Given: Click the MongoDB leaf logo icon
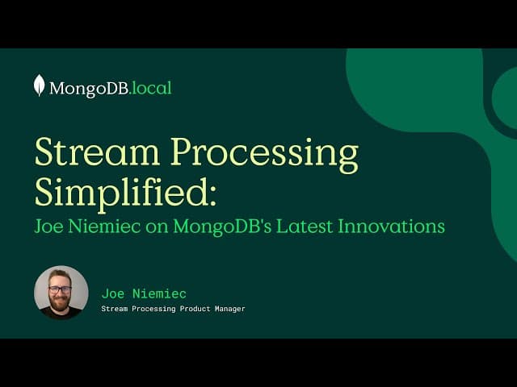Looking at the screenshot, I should [x=39, y=85].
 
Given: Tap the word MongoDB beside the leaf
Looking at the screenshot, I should [x=89, y=88].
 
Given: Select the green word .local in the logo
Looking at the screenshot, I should [x=151, y=88].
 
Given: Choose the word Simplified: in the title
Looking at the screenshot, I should [x=126, y=192].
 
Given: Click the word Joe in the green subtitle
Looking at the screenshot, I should [x=50, y=227].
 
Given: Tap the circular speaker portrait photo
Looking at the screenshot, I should [x=61, y=293].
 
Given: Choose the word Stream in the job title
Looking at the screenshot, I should [x=115, y=309].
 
